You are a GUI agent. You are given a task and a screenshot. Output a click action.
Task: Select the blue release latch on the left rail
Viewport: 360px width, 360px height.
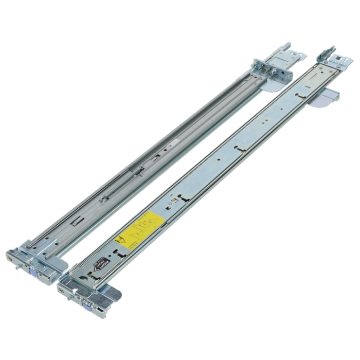[34, 271]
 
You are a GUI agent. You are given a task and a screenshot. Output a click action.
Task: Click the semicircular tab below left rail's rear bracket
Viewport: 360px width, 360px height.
[269, 85]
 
